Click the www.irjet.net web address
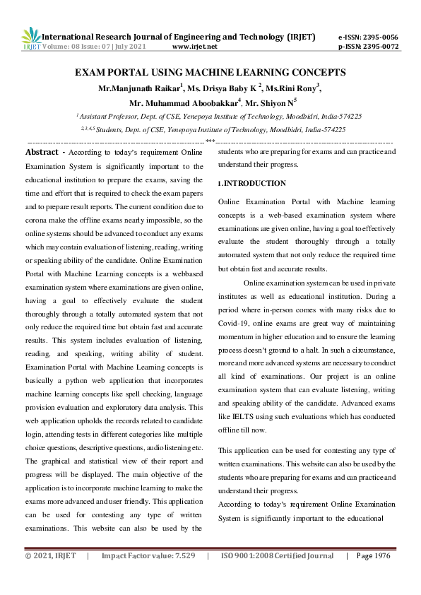[194, 47]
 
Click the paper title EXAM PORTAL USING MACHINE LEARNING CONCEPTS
[210, 72]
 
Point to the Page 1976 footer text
[373, 576]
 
